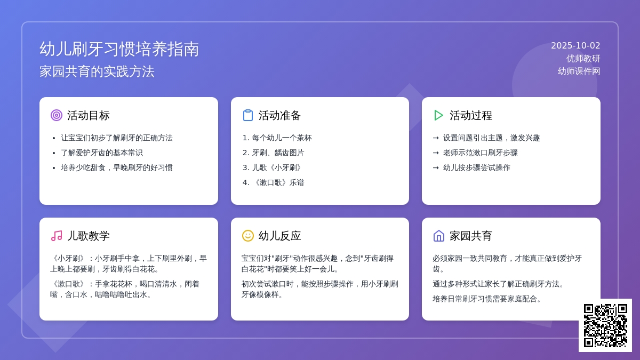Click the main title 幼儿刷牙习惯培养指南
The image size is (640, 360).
119,49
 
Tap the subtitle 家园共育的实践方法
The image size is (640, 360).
97,71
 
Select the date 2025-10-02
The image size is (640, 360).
575,46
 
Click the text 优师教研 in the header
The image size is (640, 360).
583,59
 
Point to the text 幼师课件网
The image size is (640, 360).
579,71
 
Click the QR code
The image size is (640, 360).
605,325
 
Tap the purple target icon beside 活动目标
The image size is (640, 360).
57,115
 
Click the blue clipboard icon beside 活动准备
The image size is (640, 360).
248,115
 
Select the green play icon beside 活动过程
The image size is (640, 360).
438,115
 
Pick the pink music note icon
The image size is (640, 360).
57,236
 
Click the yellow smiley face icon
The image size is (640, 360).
247,236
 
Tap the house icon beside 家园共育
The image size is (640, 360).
439,236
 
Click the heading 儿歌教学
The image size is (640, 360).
89,236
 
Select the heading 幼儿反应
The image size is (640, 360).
279,236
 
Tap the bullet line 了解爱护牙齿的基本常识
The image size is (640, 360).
102,153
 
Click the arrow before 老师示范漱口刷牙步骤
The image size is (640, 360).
436,153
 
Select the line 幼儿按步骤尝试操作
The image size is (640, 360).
477,167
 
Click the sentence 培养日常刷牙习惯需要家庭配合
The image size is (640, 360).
486,299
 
